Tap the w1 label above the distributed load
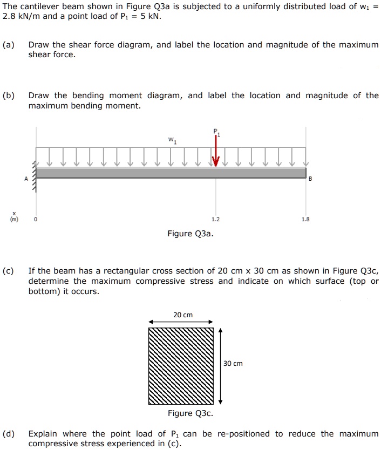click(172, 140)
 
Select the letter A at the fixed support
click(25, 179)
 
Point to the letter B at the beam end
click(310, 179)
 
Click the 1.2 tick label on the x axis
click(216, 220)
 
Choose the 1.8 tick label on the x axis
click(306, 220)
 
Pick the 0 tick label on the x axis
click(36, 220)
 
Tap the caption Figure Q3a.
click(190, 234)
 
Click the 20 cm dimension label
click(183, 315)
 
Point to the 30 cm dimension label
click(233, 364)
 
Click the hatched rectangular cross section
click(181, 366)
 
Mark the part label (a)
click(9, 45)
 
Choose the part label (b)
click(9, 96)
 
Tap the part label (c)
click(9, 271)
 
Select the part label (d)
click(9, 434)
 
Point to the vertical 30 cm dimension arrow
click(220, 366)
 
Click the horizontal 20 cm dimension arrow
click(181, 322)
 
